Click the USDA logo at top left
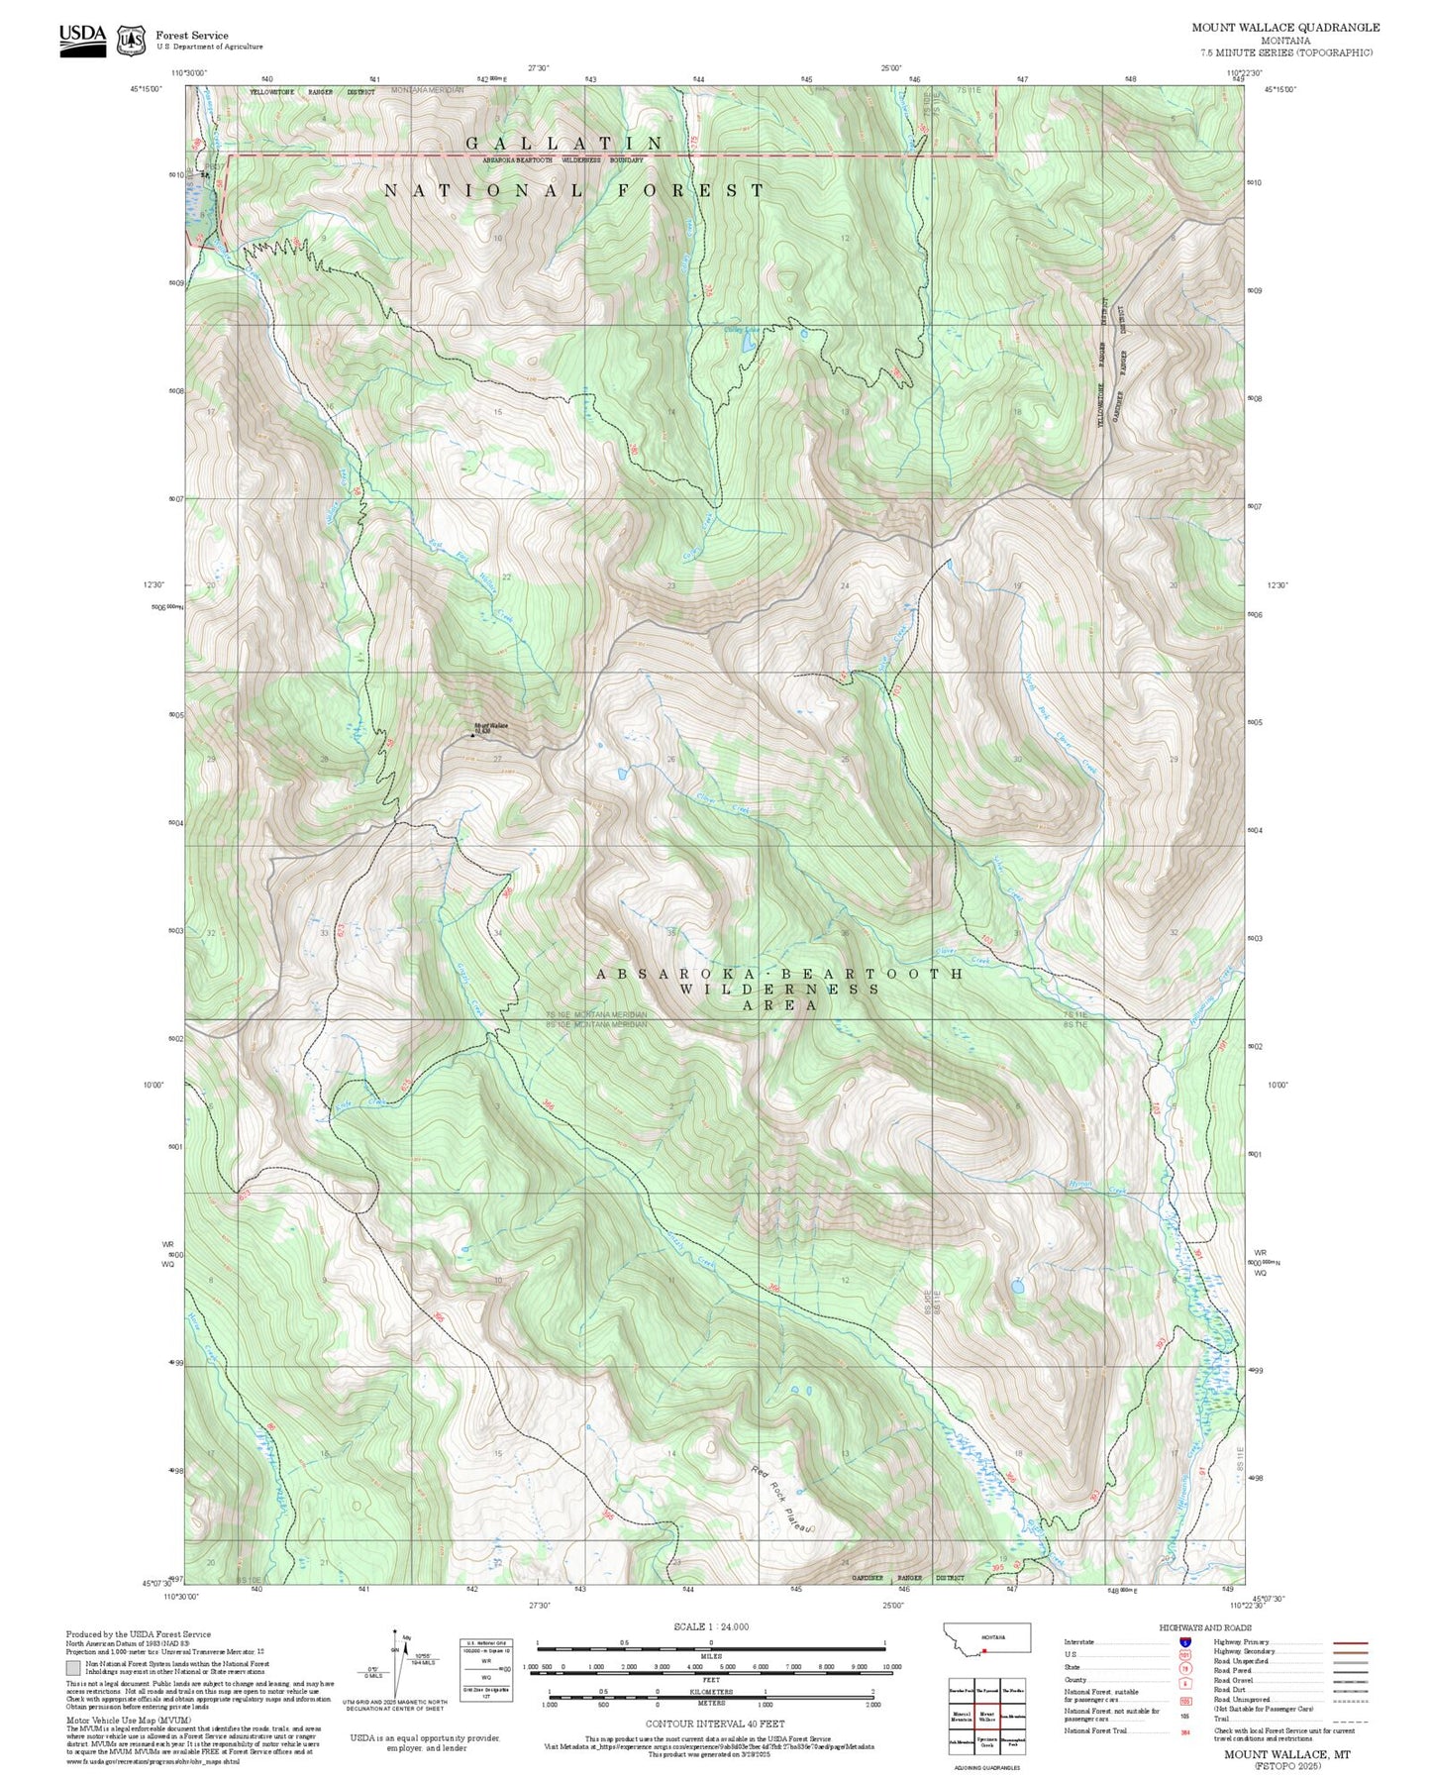click(82, 40)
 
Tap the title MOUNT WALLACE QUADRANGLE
click(1285, 27)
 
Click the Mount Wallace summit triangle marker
click(472, 735)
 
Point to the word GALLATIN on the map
click(564, 145)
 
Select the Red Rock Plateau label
click(781, 1500)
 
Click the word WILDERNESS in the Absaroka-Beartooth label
click(779, 989)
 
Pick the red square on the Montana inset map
click(984, 1651)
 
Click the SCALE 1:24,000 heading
click(711, 1626)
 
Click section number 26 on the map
click(670, 760)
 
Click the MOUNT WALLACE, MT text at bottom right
click(1286, 1754)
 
